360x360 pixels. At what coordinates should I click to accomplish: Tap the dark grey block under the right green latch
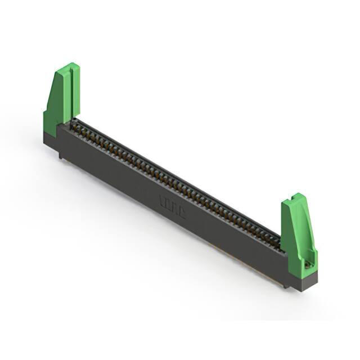(x=307, y=281)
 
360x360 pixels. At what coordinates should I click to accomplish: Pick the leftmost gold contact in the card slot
(x=76, y=127)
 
